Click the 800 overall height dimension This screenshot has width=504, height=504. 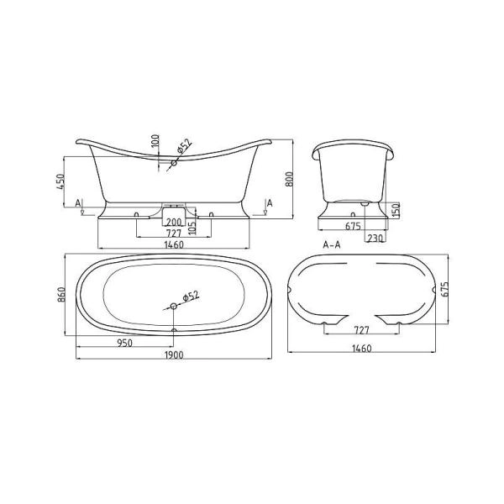(289, 179)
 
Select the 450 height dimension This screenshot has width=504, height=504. (60, 181)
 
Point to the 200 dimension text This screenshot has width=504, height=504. (174, 222)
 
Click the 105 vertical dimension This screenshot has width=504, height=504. (192, 228)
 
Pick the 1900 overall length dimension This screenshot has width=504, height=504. (174, 354)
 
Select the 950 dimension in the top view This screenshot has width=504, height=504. (124, 344)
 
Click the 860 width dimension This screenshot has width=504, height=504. (61, 294)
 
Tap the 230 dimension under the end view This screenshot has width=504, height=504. (375, 239)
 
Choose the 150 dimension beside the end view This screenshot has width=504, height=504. (396, 209)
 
